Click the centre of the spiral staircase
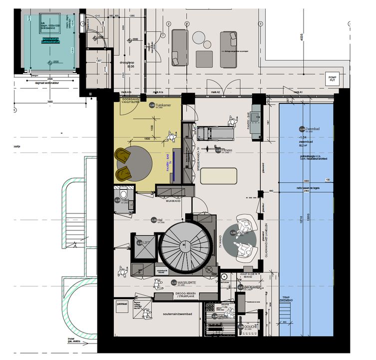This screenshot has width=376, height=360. pos(184,244)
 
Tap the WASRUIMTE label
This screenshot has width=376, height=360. pos(183,283)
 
